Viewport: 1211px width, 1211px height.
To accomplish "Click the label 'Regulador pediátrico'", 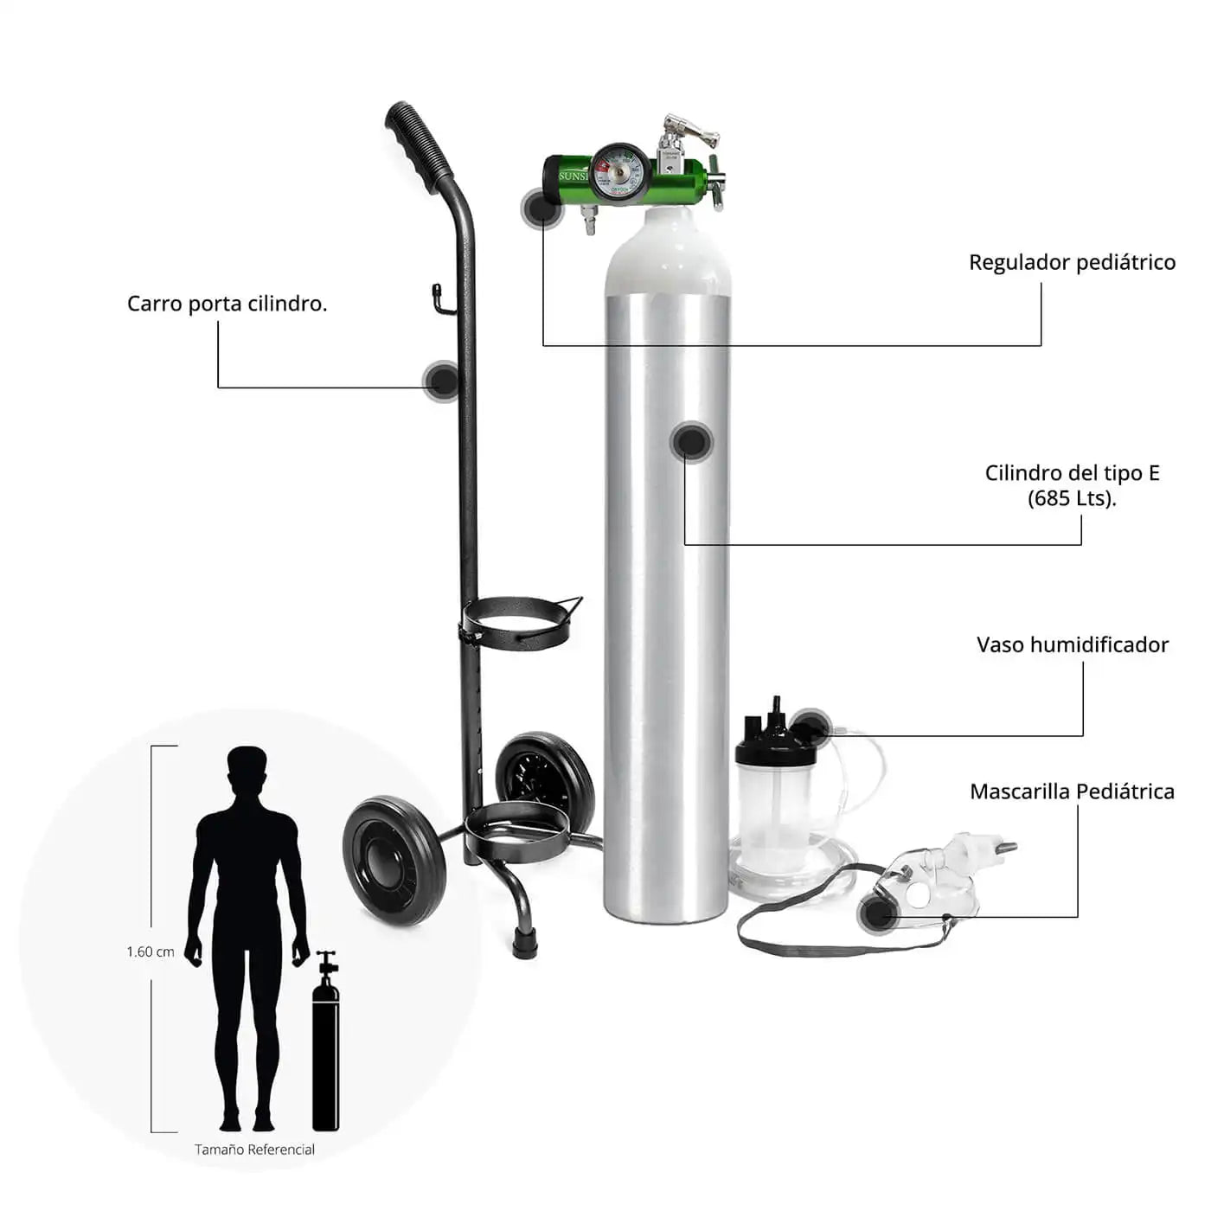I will click(1072, 262).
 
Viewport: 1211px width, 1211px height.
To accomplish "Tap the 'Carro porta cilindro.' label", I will click(227, 304).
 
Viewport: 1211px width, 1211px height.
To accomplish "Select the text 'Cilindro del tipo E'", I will click(1072, 473).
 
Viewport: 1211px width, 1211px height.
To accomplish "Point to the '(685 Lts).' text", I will click(1072, 498).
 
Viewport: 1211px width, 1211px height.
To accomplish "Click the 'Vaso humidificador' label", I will click(1072, 644).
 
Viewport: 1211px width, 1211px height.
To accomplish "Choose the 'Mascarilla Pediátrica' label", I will click(1072, 791).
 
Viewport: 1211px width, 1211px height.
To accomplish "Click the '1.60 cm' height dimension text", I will click(151, 951).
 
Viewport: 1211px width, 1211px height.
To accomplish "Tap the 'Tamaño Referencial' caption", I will click(254, 1150).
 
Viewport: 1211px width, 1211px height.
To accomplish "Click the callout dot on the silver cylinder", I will click(691, 440).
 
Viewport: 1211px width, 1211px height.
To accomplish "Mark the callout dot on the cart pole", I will click(442, 381).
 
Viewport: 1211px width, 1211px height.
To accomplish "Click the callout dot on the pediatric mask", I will click(877, 913).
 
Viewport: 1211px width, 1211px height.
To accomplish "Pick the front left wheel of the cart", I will click(394, 860).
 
